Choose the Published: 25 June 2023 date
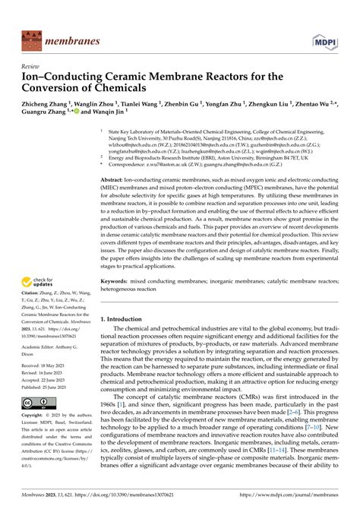pos(46,387)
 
